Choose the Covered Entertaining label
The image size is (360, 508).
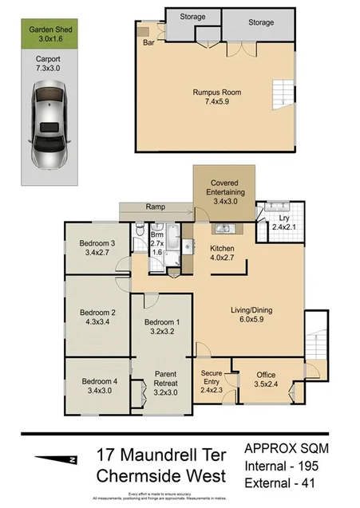coord(224,188)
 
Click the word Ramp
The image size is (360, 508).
coord(156,207)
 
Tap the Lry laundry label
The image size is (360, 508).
coord(283,218)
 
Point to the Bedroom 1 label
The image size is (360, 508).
coord(162,323)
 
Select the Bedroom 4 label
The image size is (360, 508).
coord(99,381)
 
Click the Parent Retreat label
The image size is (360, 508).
coord(165,381)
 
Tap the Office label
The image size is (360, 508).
coord(266,375)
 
